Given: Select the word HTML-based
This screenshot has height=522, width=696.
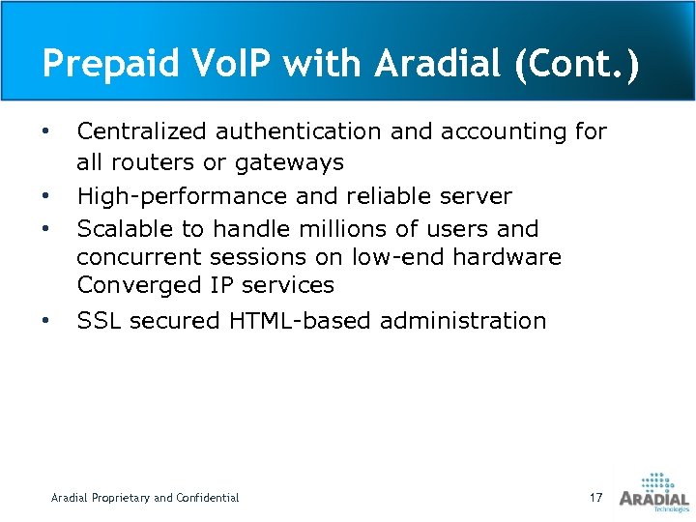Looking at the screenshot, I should [300, 320].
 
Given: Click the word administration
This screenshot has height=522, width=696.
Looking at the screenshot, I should [463, 320].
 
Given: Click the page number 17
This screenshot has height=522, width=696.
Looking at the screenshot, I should [595, 498].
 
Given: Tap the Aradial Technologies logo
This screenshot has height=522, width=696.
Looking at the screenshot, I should [654, 492].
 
